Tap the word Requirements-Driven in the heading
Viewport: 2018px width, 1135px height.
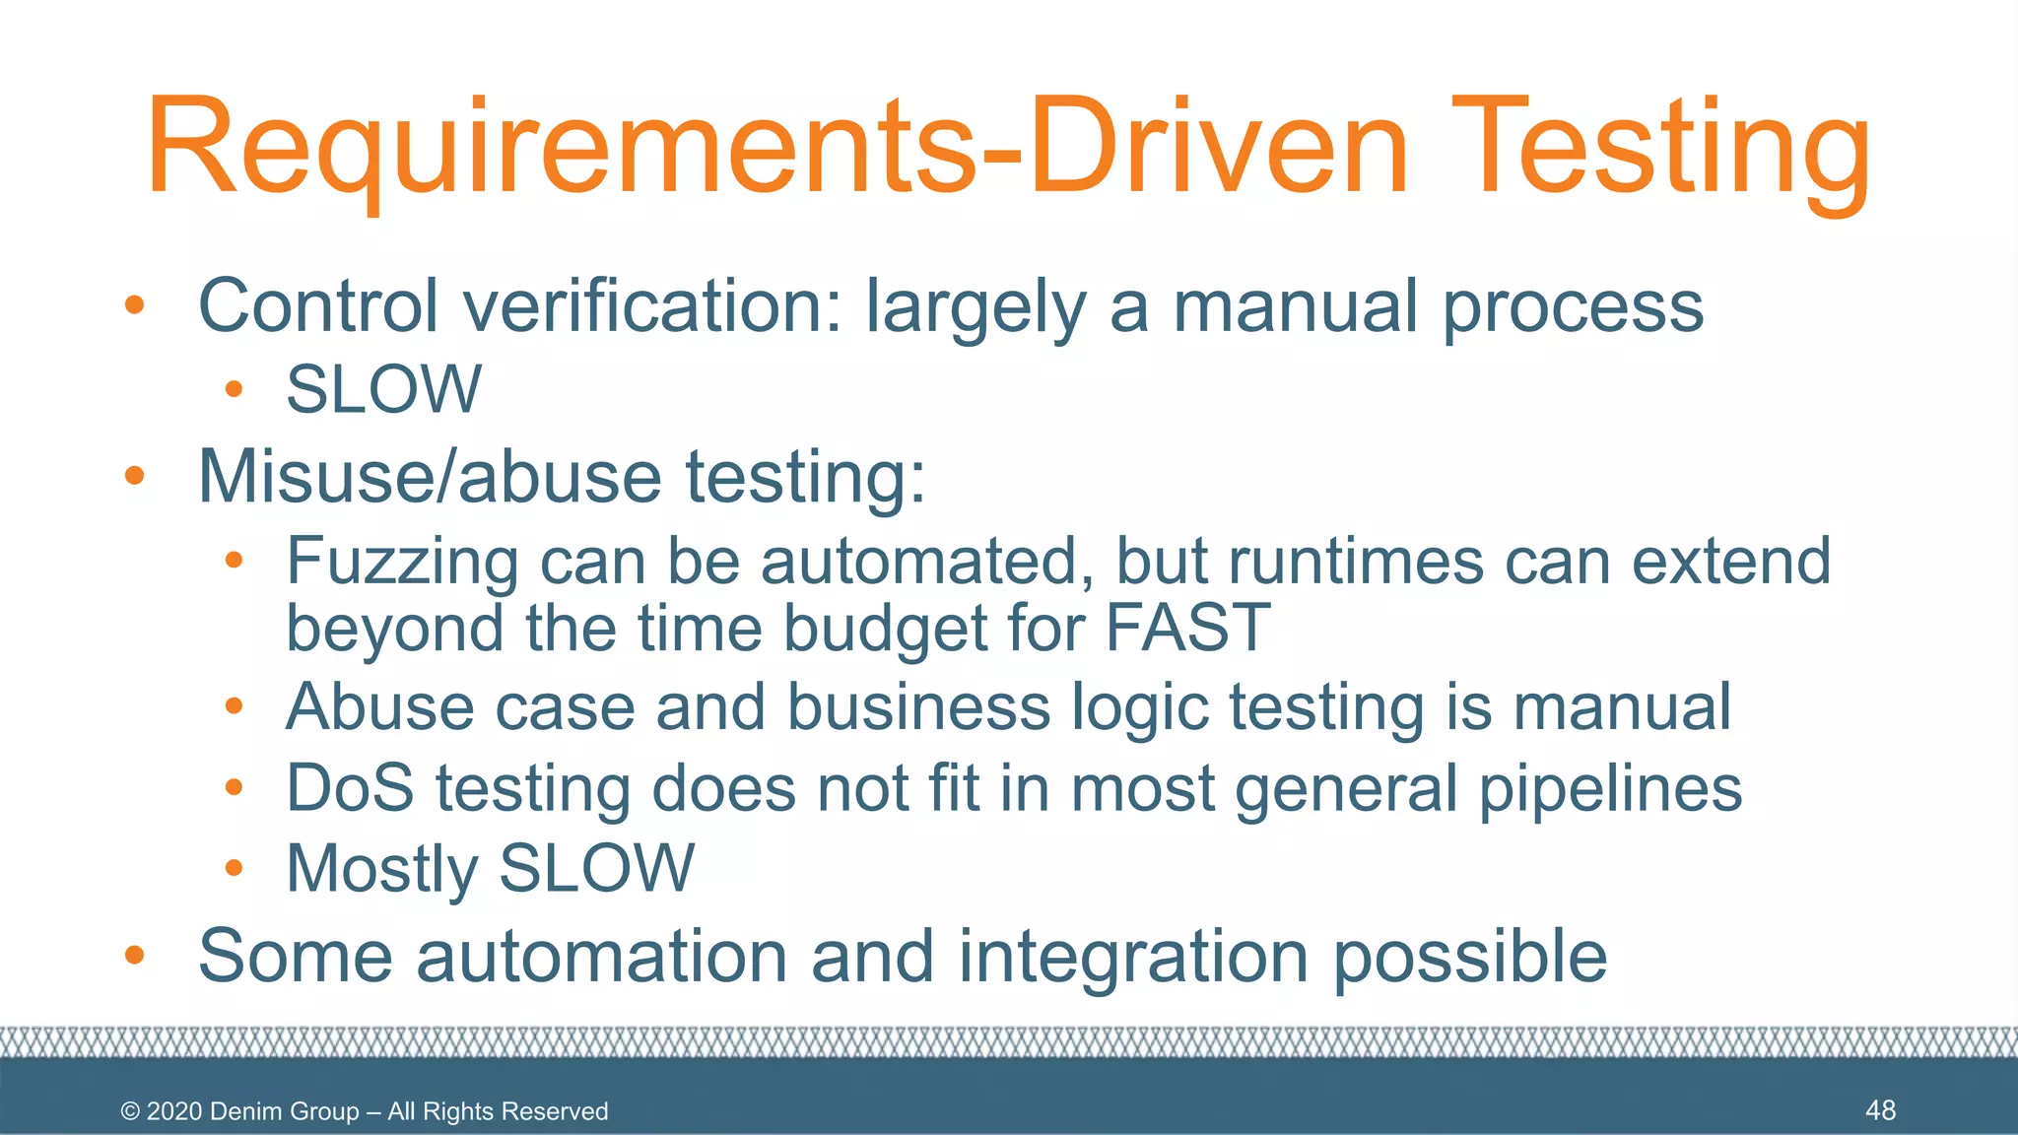click(778, 148)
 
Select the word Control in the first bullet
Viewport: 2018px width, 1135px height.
click(318, 305)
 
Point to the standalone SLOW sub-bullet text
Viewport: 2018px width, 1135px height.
click(383, 389)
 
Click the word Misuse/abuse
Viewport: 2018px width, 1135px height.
click(430, 477)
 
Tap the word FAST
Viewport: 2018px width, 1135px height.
click(1188, 628)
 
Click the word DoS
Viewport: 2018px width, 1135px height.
click(350, 788)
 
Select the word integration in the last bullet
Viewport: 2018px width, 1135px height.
click(1133, 956)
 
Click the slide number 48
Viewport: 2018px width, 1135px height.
click(1880, 1110)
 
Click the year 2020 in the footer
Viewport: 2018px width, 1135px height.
click(174, 1111)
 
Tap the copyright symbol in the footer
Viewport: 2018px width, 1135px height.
click(130, 1111)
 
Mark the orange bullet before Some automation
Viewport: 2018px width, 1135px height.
click(135, 955)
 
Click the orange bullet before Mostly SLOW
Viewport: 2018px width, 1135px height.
click(234, 868)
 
